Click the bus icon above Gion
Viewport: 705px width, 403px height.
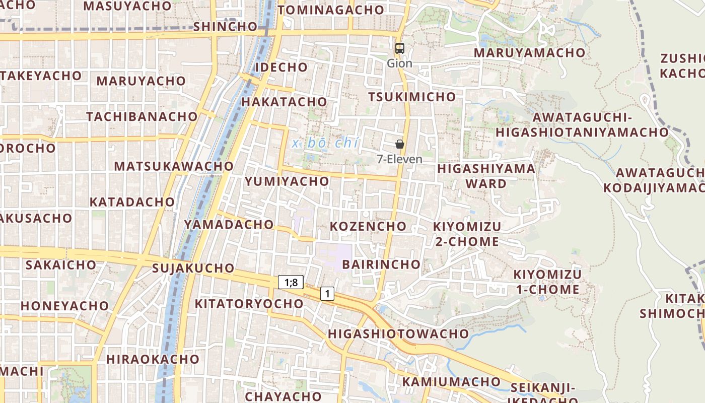point(399,48)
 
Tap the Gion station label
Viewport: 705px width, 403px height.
point(399,63)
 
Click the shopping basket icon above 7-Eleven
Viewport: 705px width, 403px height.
point(400,144)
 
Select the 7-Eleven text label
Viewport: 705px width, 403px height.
point(400,159)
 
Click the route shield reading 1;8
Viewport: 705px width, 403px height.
point(291,283)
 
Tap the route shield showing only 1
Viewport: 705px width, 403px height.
point(327,293)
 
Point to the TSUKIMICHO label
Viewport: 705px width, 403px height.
point(411,97)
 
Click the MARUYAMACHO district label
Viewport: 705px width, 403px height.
point(529,53)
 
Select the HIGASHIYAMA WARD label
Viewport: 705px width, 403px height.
point(486,176)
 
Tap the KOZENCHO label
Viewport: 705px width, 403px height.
point(368,226)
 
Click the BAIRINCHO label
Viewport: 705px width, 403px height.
point(381,264)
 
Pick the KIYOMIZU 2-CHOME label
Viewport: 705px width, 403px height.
point(467,234)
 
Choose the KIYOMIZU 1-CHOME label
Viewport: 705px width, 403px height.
point(547,282)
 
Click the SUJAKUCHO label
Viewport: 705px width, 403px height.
point(193,268)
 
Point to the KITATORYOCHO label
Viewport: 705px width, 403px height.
point(249,304)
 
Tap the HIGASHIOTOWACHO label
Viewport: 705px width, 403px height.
point(398,334)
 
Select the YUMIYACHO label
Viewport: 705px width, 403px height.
point(287,181)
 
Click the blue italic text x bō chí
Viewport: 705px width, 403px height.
point(326,143)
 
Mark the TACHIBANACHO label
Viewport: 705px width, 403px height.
point(142,116)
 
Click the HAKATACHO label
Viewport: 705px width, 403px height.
point(285,102)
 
